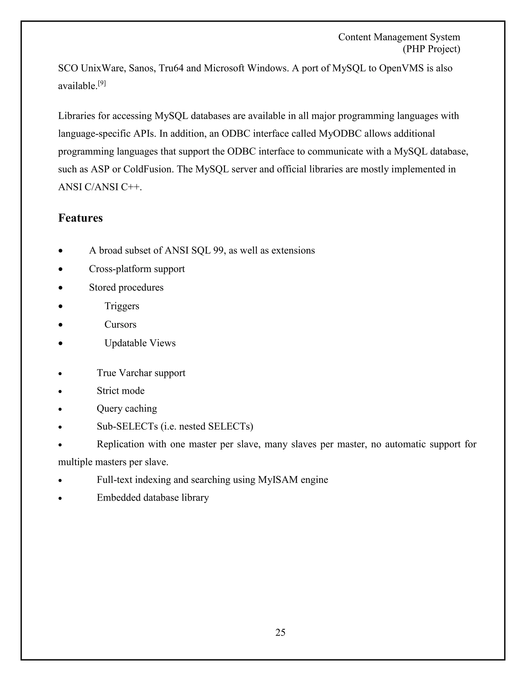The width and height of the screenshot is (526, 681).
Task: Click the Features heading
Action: [80, 218]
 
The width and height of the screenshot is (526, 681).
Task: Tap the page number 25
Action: [280, 632]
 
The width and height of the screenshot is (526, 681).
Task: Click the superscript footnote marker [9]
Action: [102, 83]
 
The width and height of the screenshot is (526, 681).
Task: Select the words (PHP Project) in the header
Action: [431, 49]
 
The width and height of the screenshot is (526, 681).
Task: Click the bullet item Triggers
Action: [122, 306]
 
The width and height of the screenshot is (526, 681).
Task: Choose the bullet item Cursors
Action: [120, 324]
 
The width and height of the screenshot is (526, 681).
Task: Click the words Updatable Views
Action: [140, 343]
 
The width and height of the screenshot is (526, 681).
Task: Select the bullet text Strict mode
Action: [121, 390]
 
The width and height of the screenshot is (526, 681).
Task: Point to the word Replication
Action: [120, 444]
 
